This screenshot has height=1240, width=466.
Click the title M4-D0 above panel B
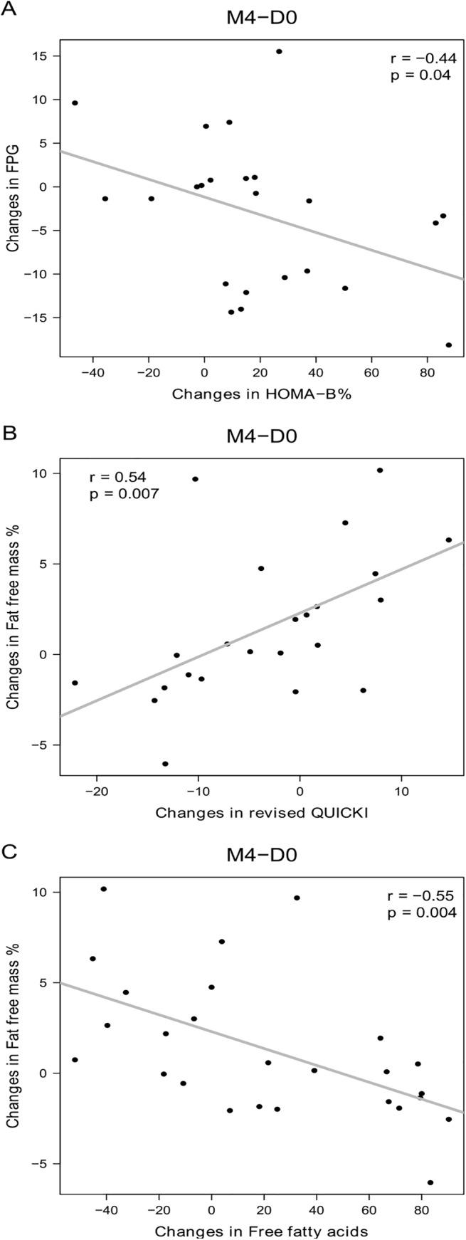coord(261,436)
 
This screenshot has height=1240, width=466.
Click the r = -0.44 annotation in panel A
coord(421,59)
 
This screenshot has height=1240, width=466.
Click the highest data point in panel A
coord(279,51)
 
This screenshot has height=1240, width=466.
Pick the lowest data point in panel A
coord(449,345)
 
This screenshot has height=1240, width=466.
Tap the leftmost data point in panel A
coord(75,103)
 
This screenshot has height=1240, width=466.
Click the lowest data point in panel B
coord(165,764)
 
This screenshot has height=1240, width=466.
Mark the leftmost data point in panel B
coord(75,683)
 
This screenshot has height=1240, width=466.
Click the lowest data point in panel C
coord(430,1182)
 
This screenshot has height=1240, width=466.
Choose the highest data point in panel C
coord(104,889)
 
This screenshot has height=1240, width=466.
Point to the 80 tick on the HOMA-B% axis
coord(427,372)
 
